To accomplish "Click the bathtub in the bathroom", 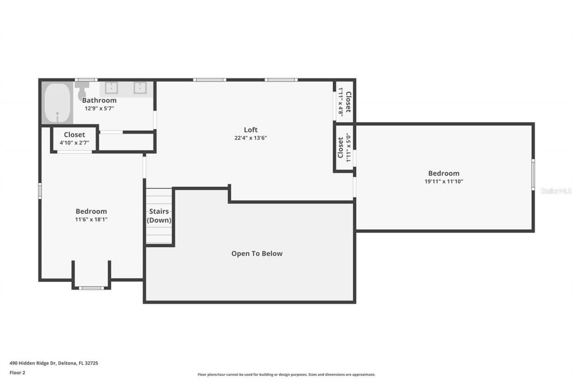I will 58,103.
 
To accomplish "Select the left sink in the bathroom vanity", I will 111,88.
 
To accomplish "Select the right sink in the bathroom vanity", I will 140,88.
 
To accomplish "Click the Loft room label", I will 251,130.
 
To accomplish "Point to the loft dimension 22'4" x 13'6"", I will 251,138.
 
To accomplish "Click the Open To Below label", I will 257,253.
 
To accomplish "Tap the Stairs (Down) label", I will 159,216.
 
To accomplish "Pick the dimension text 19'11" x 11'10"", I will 444,181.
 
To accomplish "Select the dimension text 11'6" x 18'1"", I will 91,219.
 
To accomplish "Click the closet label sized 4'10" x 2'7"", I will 74,135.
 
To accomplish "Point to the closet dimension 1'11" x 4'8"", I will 340,102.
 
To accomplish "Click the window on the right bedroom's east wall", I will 533,175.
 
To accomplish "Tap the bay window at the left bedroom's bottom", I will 91,288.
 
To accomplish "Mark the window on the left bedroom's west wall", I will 40,190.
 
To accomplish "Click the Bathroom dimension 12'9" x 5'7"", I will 99,108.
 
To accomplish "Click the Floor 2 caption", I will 17,373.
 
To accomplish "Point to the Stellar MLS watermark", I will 556,191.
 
